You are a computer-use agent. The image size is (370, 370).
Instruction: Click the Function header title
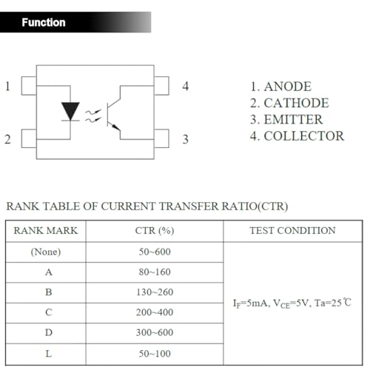tap(44, 22)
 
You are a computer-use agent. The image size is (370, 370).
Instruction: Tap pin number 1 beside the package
tap(7, 87)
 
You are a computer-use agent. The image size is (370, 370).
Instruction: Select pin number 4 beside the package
tap(186, 87)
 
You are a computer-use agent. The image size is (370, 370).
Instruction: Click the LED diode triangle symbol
tap(70, 111)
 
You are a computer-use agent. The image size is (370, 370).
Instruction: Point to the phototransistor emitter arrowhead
tap(115, 127)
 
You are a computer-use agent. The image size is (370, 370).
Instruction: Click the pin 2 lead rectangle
tap(29, 138)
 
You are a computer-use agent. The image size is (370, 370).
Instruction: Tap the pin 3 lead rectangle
tap(161, 138)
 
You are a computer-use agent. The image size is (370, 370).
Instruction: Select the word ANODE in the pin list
tap(288, 87)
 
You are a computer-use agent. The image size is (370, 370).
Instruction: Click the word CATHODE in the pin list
tap(296, 103)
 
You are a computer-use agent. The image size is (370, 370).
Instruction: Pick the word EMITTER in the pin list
tap(293, 120)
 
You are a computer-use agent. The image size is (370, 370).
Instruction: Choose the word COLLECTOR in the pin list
tap(304, 136)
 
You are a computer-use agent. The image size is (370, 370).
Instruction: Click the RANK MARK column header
tap(46, 231)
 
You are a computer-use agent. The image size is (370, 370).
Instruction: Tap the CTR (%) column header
tap(155, 231)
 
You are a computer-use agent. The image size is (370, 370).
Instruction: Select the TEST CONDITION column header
tap(292, 231)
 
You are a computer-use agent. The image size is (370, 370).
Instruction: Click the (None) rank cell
tap(46, 252)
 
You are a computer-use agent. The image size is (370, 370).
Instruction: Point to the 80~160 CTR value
tap(155, 272)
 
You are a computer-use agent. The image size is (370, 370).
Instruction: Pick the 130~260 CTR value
tap(155, 292)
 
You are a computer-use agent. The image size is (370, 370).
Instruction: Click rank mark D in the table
tap(49, 332)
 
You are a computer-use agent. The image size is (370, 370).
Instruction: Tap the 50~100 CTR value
tap(155, 354)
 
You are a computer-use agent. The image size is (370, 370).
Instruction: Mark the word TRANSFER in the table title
tap(189, 206)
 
